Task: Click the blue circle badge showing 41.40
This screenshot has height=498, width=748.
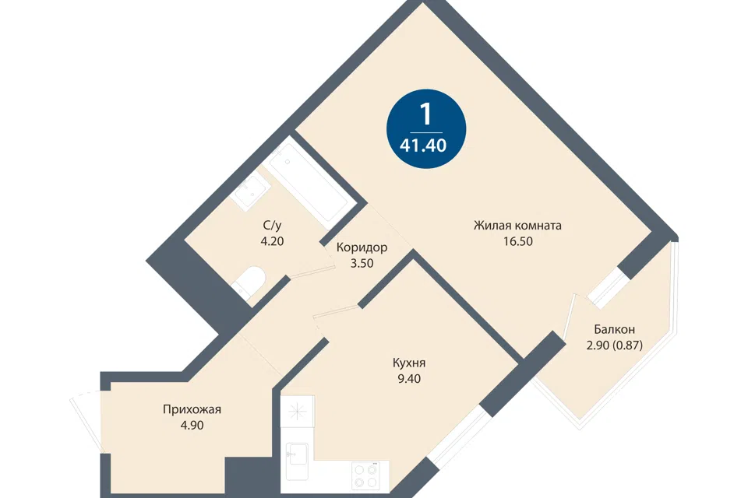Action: pos(425,128)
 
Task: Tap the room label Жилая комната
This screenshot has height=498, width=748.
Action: pos(517,225)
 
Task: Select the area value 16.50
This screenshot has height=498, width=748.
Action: pos(517,241)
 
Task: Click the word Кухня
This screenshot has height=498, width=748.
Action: pos(409,363)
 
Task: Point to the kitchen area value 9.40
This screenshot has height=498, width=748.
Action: pos(409,379)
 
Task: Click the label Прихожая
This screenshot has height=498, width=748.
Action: pos(192,409)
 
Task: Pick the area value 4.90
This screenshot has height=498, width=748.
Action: pos(192,425)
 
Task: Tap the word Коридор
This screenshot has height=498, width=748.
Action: pos(362,247)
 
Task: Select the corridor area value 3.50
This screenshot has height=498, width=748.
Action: pos(362,263)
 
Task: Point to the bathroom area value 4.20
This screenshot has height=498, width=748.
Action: pos(272,241)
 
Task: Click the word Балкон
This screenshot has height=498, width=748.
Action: pos(615,329)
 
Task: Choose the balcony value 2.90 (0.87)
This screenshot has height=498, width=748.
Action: pos(615,345)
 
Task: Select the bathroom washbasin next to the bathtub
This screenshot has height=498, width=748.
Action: pos(250,191)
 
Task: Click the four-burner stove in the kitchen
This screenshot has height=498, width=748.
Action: pos(366,475)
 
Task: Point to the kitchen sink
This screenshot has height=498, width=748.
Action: pos(297,461)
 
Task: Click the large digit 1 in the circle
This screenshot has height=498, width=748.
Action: pos(425,114)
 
